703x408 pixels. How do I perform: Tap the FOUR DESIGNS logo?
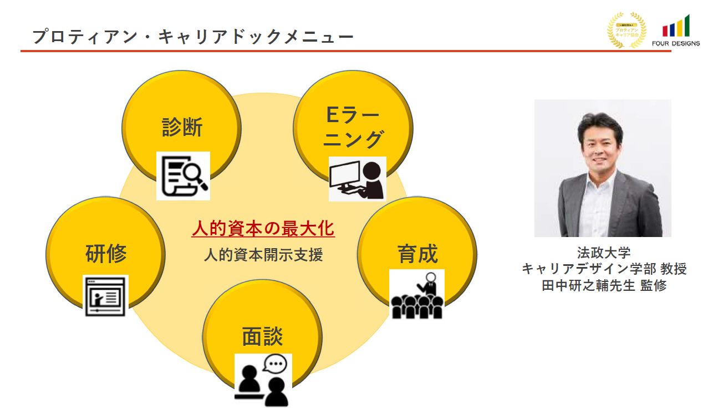coord(676,32)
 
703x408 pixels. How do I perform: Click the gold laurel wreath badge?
coord(626,30)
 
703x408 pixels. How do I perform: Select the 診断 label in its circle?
coord(182,127)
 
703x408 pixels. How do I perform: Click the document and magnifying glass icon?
coord(183,175)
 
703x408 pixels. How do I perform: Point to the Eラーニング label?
coord(353,127)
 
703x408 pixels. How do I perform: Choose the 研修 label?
coord(106,254)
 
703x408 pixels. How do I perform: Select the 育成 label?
coord(417,254)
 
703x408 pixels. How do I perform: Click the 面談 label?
coord(262,336)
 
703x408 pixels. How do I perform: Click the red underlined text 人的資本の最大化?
coord(263,229)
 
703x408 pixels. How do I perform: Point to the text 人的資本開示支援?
coord(263,255)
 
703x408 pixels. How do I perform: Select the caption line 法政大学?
coord(604,253)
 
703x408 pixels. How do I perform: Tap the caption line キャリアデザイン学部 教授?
coord(604,269)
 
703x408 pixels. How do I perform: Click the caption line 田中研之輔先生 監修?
coord(604,285)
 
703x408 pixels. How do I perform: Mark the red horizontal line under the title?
coord(344,51)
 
